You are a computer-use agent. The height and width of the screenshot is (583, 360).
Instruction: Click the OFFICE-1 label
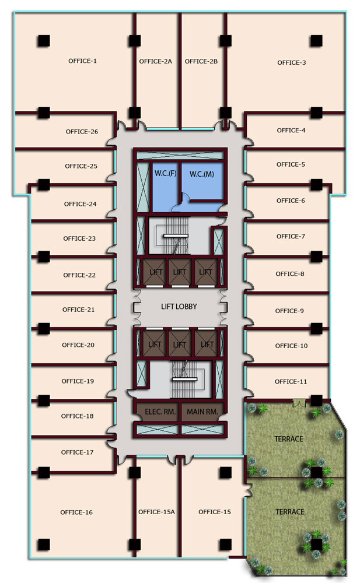[82, 61]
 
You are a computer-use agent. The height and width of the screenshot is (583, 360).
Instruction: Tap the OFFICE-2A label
[156, 61]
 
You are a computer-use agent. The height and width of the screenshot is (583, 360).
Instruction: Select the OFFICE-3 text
[292, 63]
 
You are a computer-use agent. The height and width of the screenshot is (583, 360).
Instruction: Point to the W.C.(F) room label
[165, 173]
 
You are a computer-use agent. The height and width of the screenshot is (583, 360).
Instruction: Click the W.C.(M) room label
[202, 174]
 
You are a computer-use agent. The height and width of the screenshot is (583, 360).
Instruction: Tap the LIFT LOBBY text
[179, 307]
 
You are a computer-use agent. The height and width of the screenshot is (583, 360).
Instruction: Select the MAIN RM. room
[203, 412]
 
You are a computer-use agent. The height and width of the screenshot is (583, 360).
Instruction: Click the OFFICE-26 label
[82, 132]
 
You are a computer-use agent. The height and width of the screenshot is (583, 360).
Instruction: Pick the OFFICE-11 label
[291, 381]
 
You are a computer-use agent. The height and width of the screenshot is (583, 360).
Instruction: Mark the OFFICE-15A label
[156, 512]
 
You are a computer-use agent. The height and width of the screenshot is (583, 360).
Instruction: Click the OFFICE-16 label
[76, 512]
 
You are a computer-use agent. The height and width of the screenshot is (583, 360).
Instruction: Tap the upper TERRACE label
[288, 439]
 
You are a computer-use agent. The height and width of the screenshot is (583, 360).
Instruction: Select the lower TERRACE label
[290, 512]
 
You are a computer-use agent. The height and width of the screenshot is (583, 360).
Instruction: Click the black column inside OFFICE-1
[44, 41]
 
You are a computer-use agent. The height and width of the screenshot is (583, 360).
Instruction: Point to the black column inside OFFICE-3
[316, 41]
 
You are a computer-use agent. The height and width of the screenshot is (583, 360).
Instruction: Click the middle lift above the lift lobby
[180, 272]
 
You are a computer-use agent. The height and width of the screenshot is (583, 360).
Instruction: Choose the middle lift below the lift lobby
[180, 344]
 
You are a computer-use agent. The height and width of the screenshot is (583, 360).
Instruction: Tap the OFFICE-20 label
[78, 345]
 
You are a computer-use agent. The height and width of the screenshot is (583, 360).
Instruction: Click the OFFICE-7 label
[291, 237]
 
